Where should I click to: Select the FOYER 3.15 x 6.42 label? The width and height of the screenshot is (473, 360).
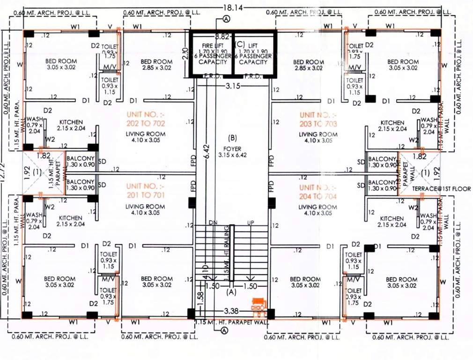pos(232,152)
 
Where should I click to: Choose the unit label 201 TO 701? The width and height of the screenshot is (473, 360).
pos(145,190)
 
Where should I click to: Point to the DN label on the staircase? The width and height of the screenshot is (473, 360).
pos(213,222)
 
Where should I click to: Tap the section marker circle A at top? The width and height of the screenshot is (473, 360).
pos(226,19)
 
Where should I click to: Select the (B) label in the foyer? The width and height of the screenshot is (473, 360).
pos(232,138)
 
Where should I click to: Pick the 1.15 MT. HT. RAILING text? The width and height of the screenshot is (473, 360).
pos(227,253)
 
